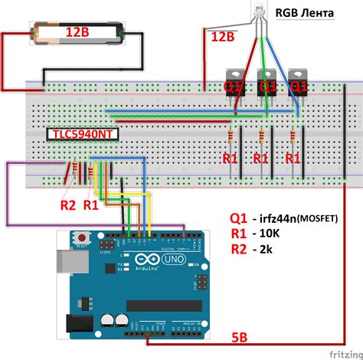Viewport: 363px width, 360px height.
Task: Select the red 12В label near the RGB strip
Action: [223, 37]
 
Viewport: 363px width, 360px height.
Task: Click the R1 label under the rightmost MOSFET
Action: [293, 159]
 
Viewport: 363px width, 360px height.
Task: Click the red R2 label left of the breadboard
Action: [69, 205]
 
